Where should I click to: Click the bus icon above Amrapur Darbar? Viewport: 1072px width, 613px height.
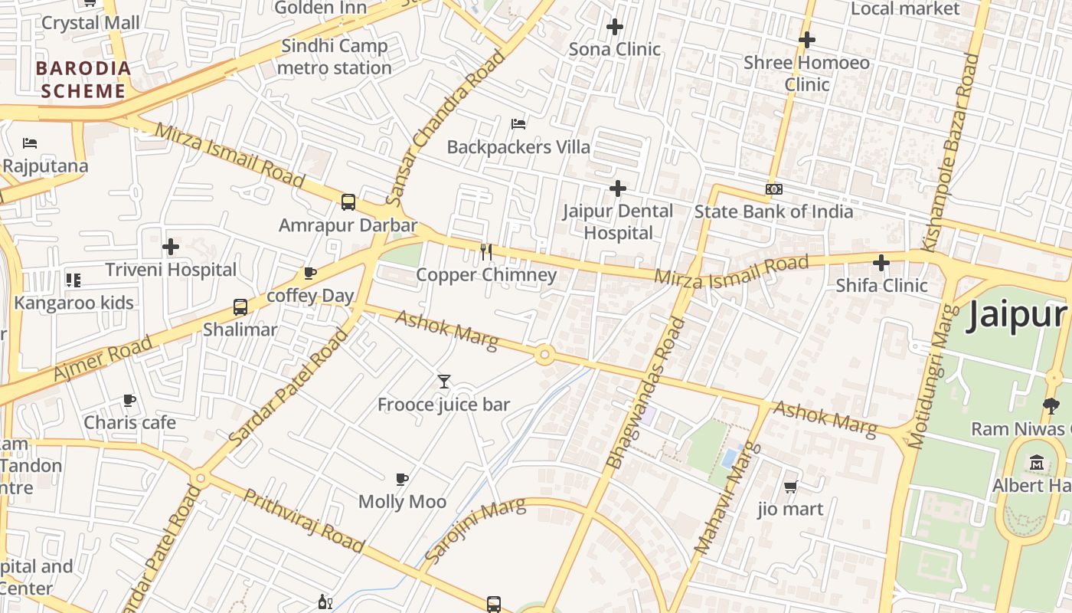point(348,202)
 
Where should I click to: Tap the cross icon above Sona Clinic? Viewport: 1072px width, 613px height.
point(614,27)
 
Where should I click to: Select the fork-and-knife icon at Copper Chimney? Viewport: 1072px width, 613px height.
point(486,251)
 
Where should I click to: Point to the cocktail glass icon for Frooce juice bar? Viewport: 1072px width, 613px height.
point(443,381)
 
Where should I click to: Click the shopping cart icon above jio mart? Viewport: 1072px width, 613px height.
point(791,487)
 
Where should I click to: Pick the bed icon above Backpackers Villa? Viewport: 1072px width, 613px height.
point(518,123)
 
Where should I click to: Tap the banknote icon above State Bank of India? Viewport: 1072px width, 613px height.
point(773,189)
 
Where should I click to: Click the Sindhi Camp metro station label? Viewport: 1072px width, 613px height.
point(335,57)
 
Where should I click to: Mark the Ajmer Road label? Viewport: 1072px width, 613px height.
point(103,359)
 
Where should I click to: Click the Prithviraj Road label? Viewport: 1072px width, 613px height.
point(303,520)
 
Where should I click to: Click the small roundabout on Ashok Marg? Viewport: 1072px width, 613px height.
point(544,355)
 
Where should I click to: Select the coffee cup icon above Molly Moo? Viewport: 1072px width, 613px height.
point(402,480)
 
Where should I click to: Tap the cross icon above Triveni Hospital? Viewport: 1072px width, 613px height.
point(171,247)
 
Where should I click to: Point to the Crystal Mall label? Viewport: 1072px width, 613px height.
point(90,23)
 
